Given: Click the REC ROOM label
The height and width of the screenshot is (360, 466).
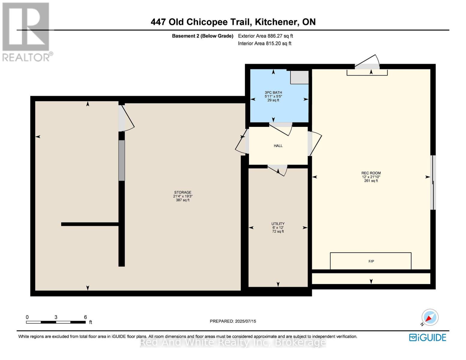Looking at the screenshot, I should click(x=371, y=173).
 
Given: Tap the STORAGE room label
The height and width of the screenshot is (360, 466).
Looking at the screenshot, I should click(x=182, y=193).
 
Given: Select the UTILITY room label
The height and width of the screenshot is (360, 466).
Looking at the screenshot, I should click(x=278, y=224).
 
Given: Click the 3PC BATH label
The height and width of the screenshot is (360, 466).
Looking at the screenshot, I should click(x=273, y=93).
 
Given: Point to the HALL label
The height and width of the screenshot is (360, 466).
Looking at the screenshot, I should click(x=278, y=146).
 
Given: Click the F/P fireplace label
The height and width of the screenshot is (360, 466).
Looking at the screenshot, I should click(x=371, y=261).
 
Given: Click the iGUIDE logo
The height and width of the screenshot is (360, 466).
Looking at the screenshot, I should click(x=427, y=337).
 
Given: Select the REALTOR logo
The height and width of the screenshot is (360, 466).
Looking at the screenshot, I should click(x=26, y=31).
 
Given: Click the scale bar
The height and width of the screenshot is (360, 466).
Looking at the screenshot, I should click(x=56, y=322).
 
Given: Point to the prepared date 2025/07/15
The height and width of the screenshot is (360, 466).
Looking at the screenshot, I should click(x=233, y=321).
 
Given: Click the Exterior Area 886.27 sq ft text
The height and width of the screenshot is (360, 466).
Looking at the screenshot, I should click(x=265, y=36).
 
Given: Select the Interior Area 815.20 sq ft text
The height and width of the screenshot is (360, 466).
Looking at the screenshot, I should click(x=265, y=43).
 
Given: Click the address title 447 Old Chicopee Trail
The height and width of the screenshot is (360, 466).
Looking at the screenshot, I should click(x=233, y=22).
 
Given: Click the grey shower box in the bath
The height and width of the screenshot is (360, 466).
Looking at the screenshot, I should click(x=299, y=77).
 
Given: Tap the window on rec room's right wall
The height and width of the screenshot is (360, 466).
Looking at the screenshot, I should click(x=433, y=182).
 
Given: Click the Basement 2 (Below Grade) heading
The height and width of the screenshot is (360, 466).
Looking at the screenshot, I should click(x=203, y=36).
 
